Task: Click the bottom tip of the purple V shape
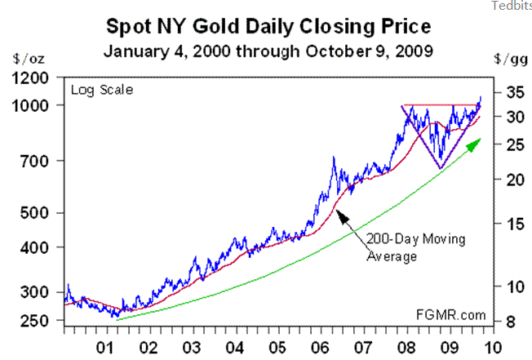click(x=441, y=168)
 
